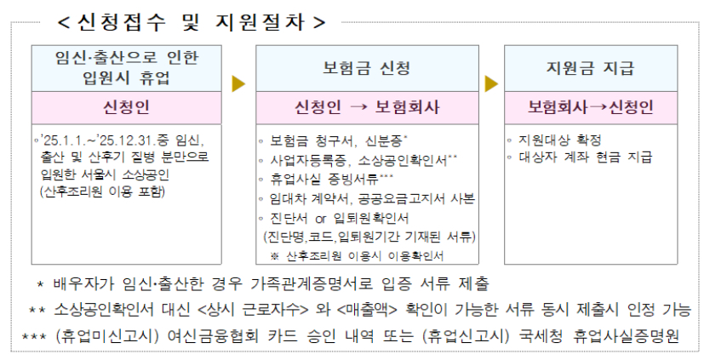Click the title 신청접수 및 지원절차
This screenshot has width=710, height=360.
point(191,20)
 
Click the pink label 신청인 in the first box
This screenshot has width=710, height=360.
point(126,108)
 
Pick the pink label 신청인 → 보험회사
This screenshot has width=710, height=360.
point(367,108)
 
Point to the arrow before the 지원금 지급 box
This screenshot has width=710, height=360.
point(491,84)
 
